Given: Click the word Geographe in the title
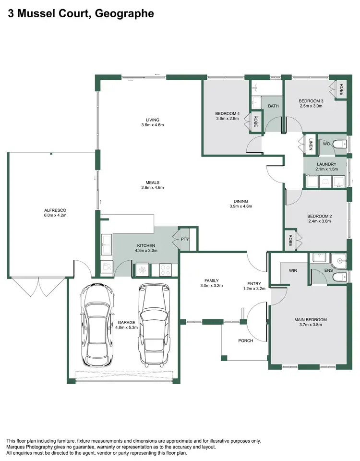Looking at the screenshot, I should [x=124, y=14].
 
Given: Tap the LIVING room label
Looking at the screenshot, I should [x=153, y=120].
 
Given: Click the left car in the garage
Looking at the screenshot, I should [x=97, y=325].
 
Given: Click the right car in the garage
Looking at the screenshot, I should [x=154, y=325].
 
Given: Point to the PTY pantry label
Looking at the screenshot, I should [x=185, y=239].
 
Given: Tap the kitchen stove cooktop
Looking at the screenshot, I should [x=164, y=269].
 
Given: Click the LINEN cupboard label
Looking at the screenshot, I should [x=311, y=144].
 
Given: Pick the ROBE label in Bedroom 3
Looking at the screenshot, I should [x=341, y=89].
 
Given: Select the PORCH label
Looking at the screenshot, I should [x=245, y=340].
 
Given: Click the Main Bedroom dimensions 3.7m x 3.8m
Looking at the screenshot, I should [x=310, y=325].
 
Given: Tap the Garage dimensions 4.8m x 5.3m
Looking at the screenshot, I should [x=127, y=328].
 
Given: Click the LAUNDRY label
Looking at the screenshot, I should [x=326, y=164].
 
